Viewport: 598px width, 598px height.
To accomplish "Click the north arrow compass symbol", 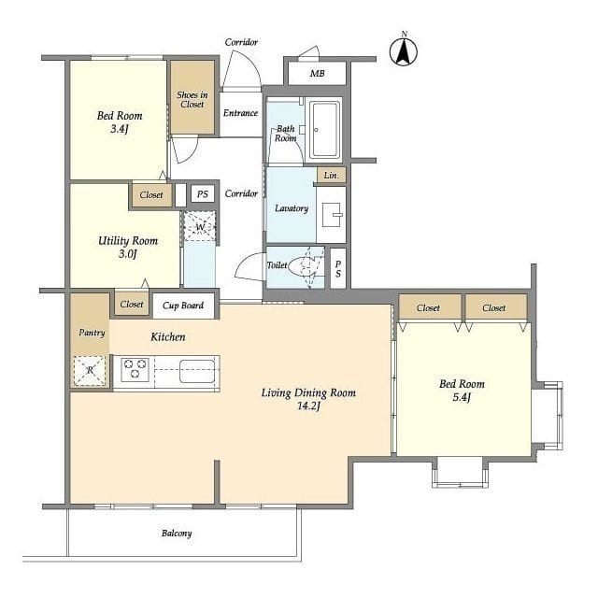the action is pos(403,51).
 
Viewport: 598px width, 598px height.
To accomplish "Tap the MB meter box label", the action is pos(317,73).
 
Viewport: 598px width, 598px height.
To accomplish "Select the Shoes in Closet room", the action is pos(192,97).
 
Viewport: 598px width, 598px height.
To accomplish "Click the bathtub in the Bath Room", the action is pos(324,129).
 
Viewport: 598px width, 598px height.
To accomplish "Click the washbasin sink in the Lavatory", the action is pos(333,215).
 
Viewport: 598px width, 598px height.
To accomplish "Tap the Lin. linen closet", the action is pos(331,175).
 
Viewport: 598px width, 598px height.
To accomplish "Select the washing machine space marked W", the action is pos(200,226).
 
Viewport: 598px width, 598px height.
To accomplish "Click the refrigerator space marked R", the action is pos(90,371).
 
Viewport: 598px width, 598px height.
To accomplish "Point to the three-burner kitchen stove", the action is pos(135,369).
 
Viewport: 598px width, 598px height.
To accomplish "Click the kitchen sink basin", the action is pos(197,371).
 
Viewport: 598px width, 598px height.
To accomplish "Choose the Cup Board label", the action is pos(183,306).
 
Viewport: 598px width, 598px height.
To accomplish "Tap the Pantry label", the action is pos(92,333).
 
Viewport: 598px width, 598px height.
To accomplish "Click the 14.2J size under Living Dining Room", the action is pos(308,406).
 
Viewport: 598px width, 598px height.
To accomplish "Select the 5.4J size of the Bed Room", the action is pos(462,397).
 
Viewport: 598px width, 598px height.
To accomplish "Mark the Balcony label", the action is pos(177,534).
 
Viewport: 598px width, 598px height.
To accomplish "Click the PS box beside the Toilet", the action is pos(338,268).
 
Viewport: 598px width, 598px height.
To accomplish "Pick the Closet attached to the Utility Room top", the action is pos(151,195).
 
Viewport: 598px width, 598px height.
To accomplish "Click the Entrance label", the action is pos(241,113).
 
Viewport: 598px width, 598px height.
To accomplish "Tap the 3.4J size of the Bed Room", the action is pos(120,129).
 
